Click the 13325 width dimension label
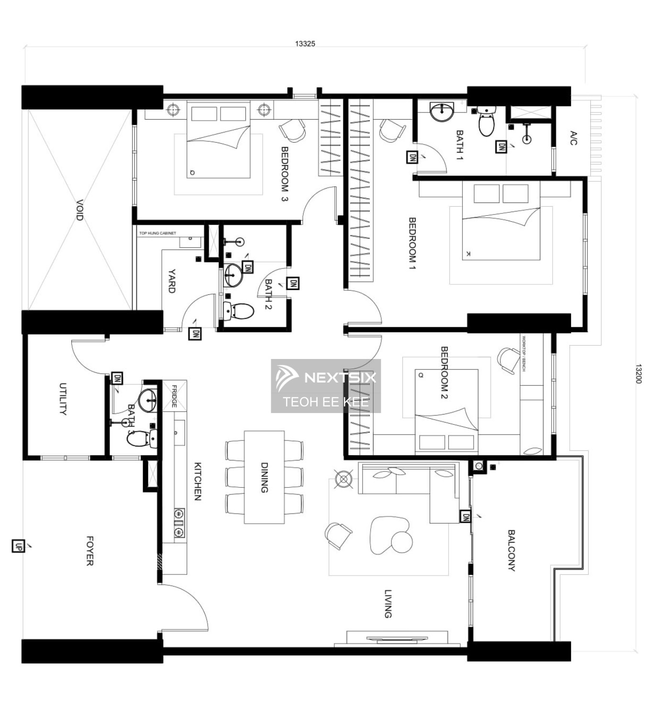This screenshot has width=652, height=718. pos(305,44)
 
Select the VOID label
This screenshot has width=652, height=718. pos(79,210)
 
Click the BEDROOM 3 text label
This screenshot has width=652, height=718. pos(285,174)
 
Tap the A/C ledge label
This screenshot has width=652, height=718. pos(574,138)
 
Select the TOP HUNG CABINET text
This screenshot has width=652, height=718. pos(157,233)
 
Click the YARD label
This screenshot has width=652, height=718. pos(171,281)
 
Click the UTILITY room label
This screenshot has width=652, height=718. pos(63,398)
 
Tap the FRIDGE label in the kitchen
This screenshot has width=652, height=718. pos(174,396)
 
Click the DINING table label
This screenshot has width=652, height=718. pos(264,477)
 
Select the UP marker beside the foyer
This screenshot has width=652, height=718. pos(18,546)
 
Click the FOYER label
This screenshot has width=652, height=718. pos(89,550)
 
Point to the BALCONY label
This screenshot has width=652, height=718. pos(511,550)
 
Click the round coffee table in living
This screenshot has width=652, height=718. pos(402,542)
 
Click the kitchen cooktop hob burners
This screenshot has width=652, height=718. pos(179,523)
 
